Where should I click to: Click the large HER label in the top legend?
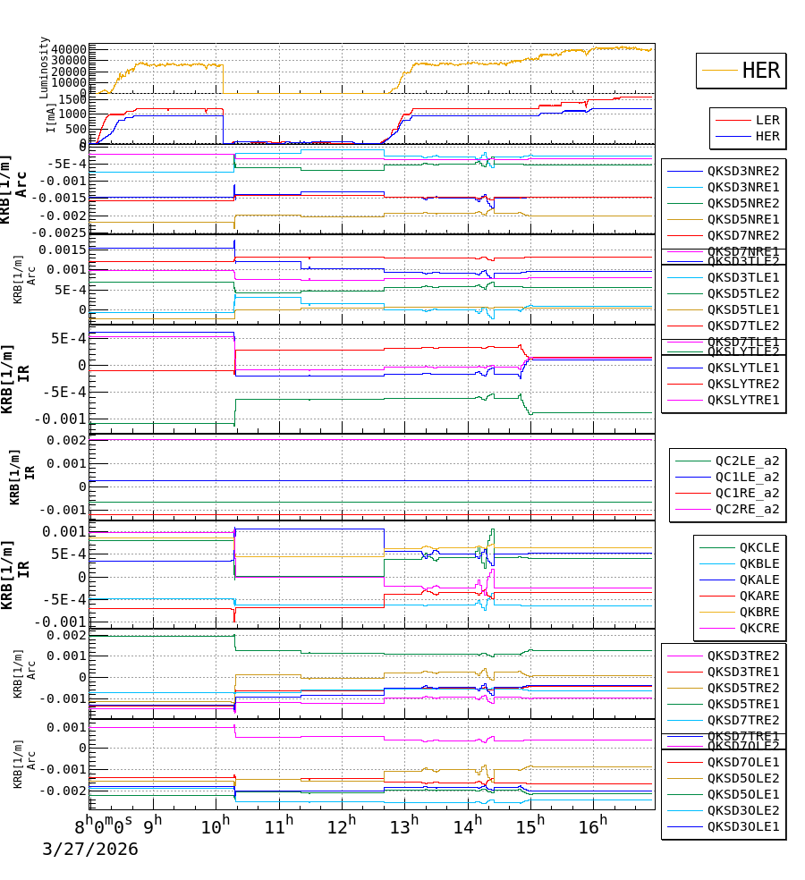tap(760, 71)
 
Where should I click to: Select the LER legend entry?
tap(767, 120)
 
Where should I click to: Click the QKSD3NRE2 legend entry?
tap(742, 171)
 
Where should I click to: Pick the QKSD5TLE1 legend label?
tap(742, 309)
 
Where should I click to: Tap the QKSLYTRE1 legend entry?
tap(742, 400)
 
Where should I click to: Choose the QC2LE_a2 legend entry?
tap(746, 461)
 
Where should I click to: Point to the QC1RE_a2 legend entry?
tap(746, 493)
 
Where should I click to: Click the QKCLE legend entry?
tap(758, 547)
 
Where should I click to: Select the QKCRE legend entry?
tap(758, 628)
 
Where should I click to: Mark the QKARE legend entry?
tap(758, 596)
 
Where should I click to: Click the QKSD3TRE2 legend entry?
tap(742, 656)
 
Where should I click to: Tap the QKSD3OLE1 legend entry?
tap(742, 826)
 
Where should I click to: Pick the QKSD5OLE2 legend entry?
tap(742, 778)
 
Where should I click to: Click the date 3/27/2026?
tap(90, 849)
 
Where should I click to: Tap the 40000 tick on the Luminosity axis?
tap(69, 49)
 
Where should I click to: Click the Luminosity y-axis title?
tap(45, 67)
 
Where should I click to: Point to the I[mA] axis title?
tap(51, 117)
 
